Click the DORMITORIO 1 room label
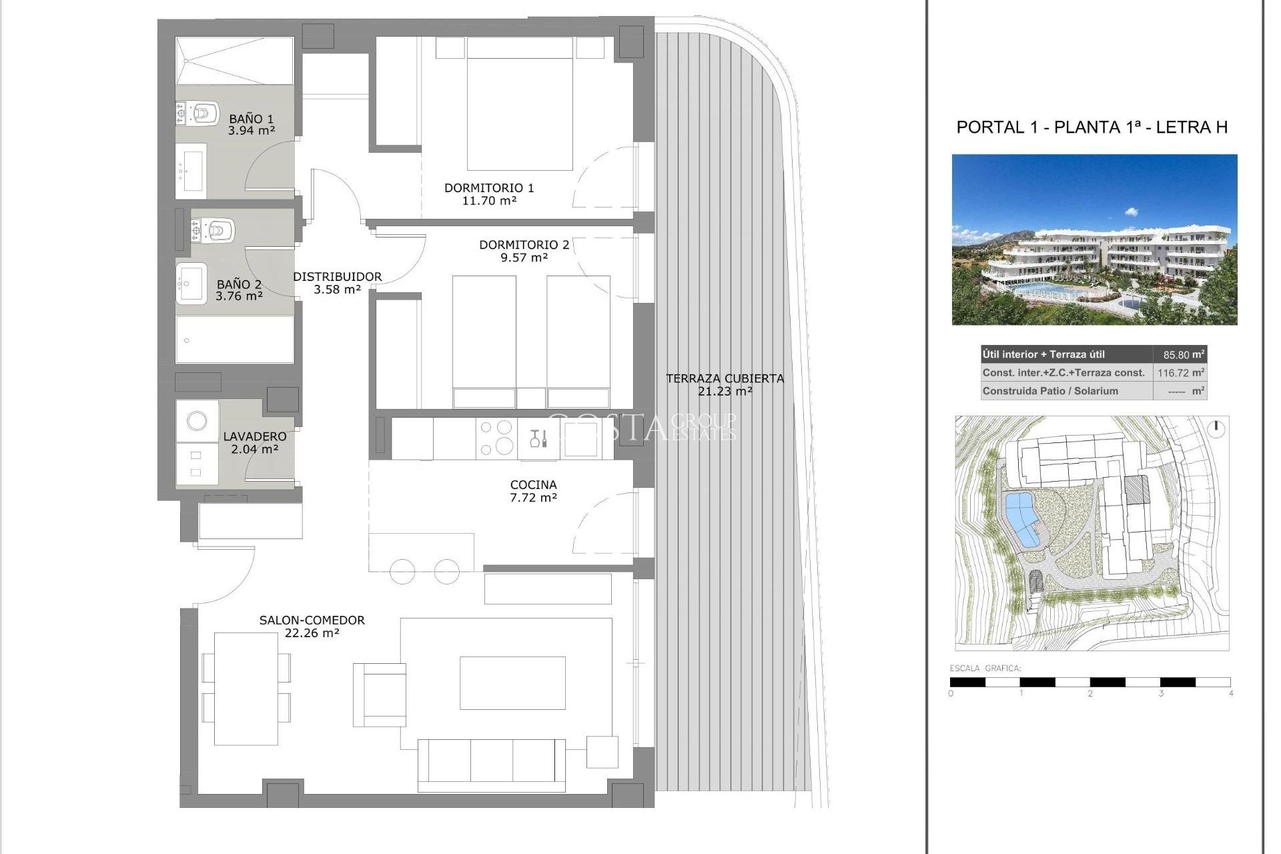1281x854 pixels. pos(489,188)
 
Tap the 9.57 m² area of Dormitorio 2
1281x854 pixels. pos(524,258)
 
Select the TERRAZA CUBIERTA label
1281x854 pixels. pos(725,378)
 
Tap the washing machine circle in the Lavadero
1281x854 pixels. pos(197,420)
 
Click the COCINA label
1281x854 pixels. pos(533,485)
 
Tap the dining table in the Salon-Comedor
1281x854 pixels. pos(246,688)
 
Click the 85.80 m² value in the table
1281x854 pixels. pos(1180,354)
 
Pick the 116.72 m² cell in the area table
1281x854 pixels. pos(1180,372)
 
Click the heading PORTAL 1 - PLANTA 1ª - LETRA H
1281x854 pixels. pos(1092,127)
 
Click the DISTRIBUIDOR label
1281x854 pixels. pos(337,277)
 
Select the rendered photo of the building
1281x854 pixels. pos(1094,240)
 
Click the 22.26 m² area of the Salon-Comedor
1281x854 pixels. pos(312,632)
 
